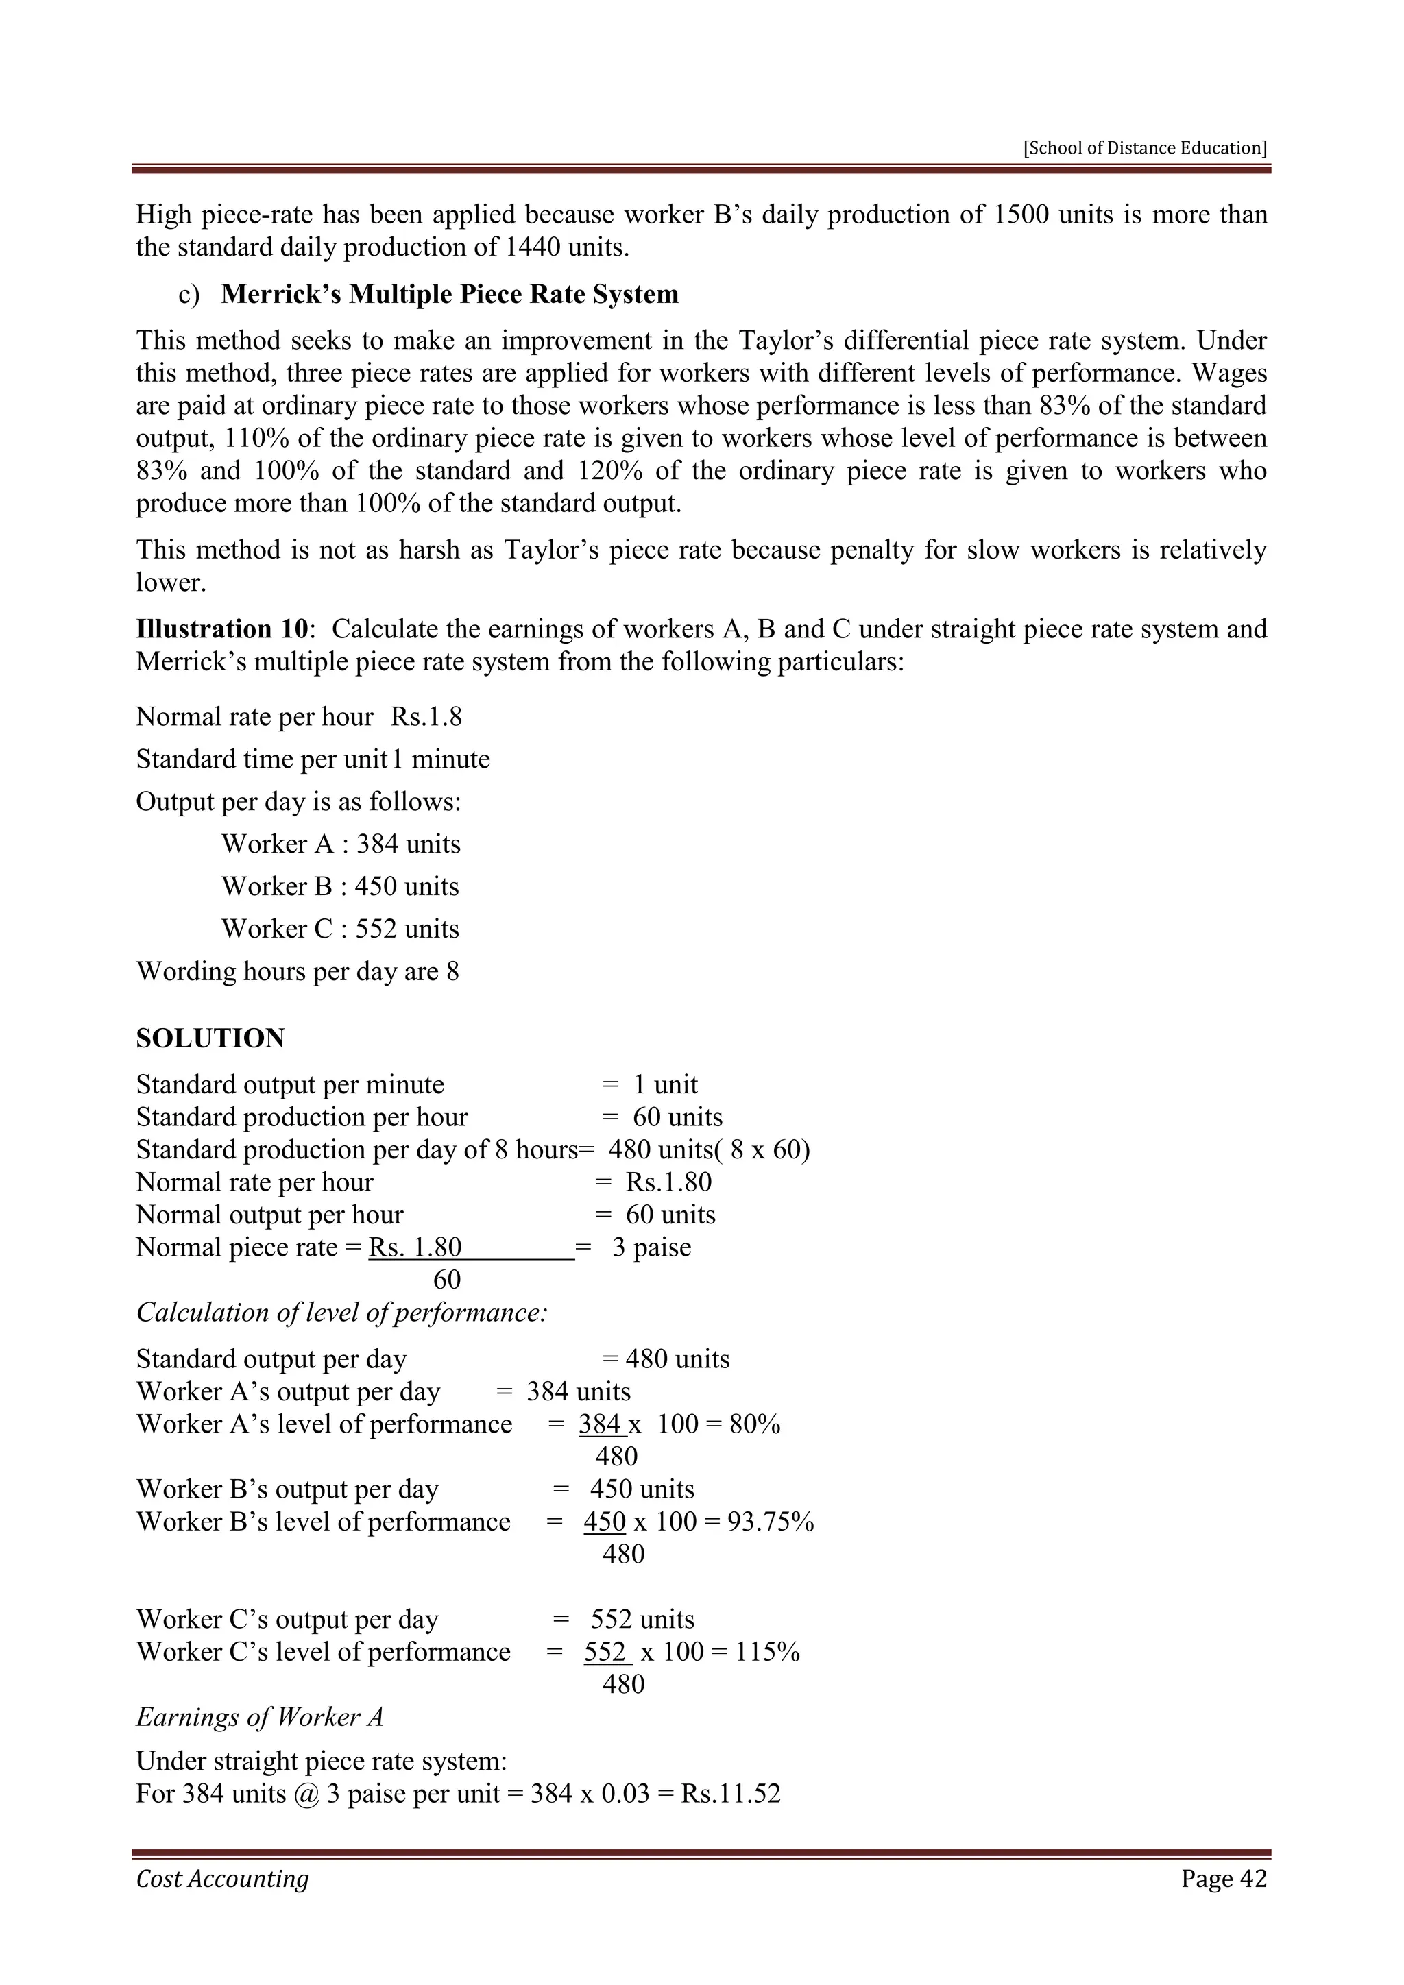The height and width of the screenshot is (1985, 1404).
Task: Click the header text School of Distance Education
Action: pos(1145,148)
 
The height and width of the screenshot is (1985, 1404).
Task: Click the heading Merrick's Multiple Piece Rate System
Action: pos(450,294)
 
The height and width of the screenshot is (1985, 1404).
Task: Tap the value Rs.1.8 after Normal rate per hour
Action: pos(426,717)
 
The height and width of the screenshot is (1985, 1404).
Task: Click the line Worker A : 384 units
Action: pos(341,844)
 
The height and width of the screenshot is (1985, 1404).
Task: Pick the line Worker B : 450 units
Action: pos(340,886)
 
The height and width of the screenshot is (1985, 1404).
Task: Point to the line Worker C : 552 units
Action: pos(340,929)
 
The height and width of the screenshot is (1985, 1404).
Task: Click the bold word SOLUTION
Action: pos(210,1038)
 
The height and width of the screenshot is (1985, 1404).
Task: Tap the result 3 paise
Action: pos(651,1247)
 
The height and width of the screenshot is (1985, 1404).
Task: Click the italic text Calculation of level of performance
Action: pos(341,1313)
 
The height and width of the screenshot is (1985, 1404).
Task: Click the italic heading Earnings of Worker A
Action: pos(259,1717)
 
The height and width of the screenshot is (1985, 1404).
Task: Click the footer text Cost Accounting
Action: pos(222,1879)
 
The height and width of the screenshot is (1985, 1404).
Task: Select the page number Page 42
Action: pos(1223,1879)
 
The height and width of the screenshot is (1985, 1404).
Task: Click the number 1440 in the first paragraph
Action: pos(531,247)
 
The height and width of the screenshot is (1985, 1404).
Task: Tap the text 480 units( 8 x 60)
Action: pos(709,1150)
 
